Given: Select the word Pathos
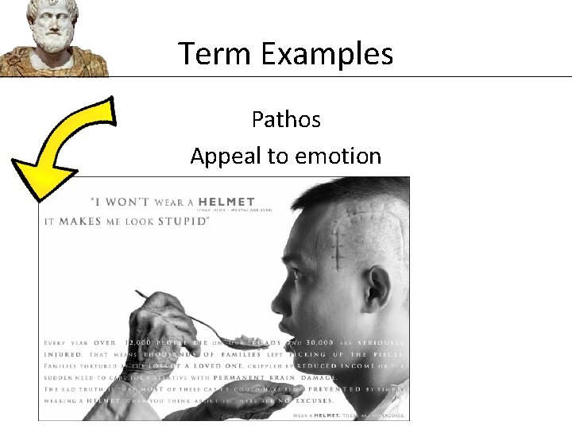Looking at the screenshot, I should pos(286,119).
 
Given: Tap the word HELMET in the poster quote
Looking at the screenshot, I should pos(227,202).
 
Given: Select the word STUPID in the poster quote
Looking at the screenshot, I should pos(181,221).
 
